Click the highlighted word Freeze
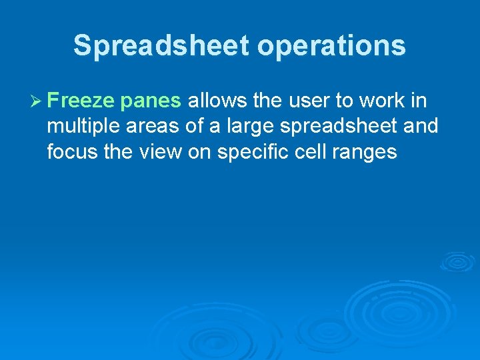click(x=82, y=101)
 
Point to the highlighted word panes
click(x=151, y=101)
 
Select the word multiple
click(x=80, y=127)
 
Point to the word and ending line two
click(x=421, y=127)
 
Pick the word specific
click(x=242, y=152)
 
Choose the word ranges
click(x=366, y=153)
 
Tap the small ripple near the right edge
click(x=458, y=261)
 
